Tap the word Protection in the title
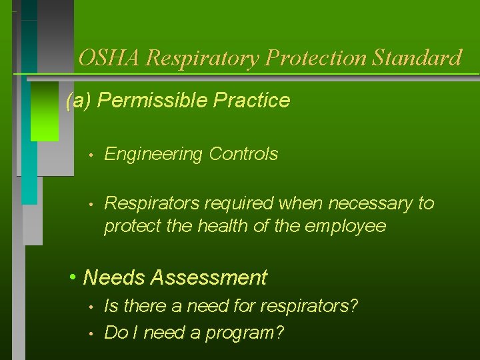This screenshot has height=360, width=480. pyautogui.click(x=317, y=58)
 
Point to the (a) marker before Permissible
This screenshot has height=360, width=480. pyautogui.click(x=79, y=101)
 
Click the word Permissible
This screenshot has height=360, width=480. pyautogui.click(x=146, y=101)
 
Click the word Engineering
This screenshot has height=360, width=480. pyautogui.click(x=153, y=154)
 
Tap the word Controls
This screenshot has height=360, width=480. pyautogui.click(x=243, y=154)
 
